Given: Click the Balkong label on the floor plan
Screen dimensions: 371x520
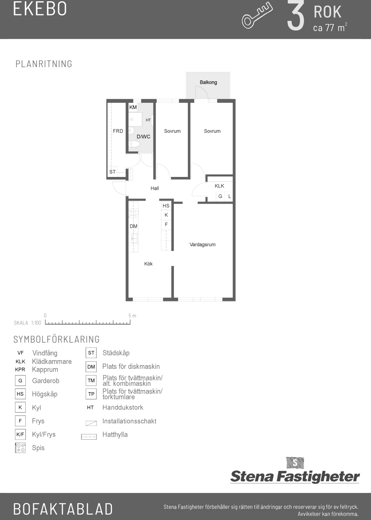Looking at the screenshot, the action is coord(208,82).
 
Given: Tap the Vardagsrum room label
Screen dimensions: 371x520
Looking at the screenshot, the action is coord(203,244).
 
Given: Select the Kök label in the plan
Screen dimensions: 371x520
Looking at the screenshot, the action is coord(148,264).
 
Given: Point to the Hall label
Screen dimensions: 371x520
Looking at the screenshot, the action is coord(155,188).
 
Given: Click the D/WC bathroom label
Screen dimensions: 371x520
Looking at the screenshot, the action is coord(143,137).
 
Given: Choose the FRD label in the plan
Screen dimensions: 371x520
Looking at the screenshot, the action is coord(118,131).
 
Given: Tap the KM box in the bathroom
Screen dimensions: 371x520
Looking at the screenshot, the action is coord(133,107).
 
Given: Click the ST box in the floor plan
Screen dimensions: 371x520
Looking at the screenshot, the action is coord(112,172).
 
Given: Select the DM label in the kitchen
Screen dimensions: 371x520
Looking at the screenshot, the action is coord(134,226).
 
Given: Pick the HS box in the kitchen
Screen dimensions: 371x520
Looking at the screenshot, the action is coord(166,206).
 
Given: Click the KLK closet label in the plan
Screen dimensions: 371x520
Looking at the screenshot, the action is coord(219,186).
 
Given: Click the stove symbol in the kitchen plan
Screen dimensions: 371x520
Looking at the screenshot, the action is coord(134,214).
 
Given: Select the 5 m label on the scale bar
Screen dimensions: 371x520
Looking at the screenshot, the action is coord(132,316).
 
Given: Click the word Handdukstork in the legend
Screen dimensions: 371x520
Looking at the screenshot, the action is coord(123,408).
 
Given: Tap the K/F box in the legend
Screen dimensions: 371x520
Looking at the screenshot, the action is coord(20,435).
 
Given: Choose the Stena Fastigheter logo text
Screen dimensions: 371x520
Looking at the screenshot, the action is coord(295,477).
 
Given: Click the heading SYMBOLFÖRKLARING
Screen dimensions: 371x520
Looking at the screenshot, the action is coord(57,339).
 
